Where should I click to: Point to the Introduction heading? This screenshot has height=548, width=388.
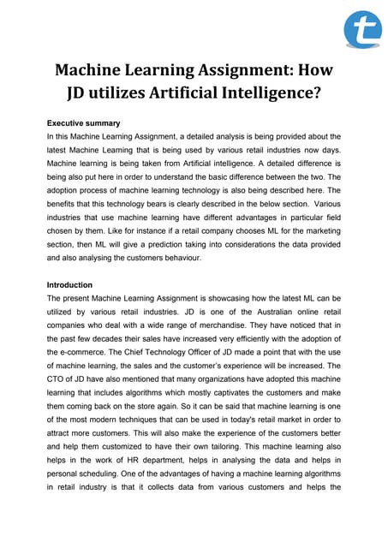coord(70,285)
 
